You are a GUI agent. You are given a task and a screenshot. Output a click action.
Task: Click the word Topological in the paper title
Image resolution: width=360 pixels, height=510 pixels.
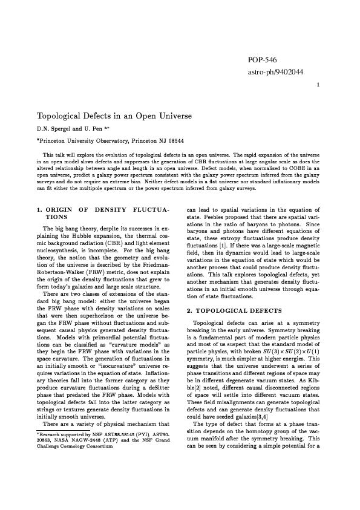coord(64,115)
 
